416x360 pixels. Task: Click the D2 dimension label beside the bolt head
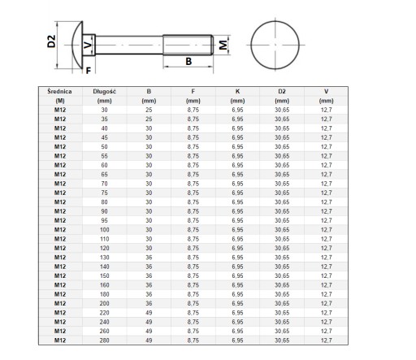point(51,41)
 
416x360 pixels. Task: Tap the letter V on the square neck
point(88,45)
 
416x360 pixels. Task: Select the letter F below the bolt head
point(89,71)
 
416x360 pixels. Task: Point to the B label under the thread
point(188,62)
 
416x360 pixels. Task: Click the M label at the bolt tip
point(223,45)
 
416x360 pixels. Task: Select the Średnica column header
point(60,92)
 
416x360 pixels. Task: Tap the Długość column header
point(104,92)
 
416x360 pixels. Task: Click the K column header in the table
point(237,92)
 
